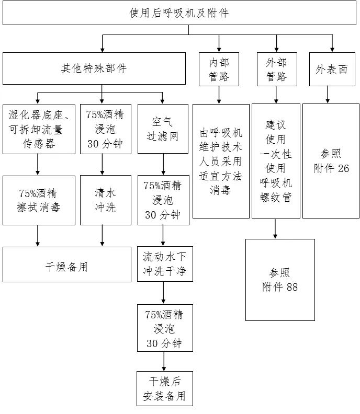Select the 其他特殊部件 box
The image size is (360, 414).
(x=94, y=68)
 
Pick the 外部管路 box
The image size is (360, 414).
(x=276, y=70)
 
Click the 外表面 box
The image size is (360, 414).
(x=332, y=69)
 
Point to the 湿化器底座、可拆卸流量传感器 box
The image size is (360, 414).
(x=39, y=129)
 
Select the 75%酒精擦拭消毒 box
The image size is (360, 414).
(x=39, y=201)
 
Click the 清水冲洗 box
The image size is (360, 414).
(x=105, y=201)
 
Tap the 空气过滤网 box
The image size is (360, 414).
(x=163, y=129)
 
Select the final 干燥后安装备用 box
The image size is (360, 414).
(x=164, y=388)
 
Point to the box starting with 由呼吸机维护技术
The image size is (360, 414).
(x=221, y=161)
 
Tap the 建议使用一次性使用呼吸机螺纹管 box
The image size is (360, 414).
(x=276, y=161)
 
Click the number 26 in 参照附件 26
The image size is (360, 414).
(x=343, y=168)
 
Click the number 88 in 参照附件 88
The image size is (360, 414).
(x=292, y=287)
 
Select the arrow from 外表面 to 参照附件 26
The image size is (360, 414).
(x=328, y=95)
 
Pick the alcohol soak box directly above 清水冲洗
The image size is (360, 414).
(x=105, y=129)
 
